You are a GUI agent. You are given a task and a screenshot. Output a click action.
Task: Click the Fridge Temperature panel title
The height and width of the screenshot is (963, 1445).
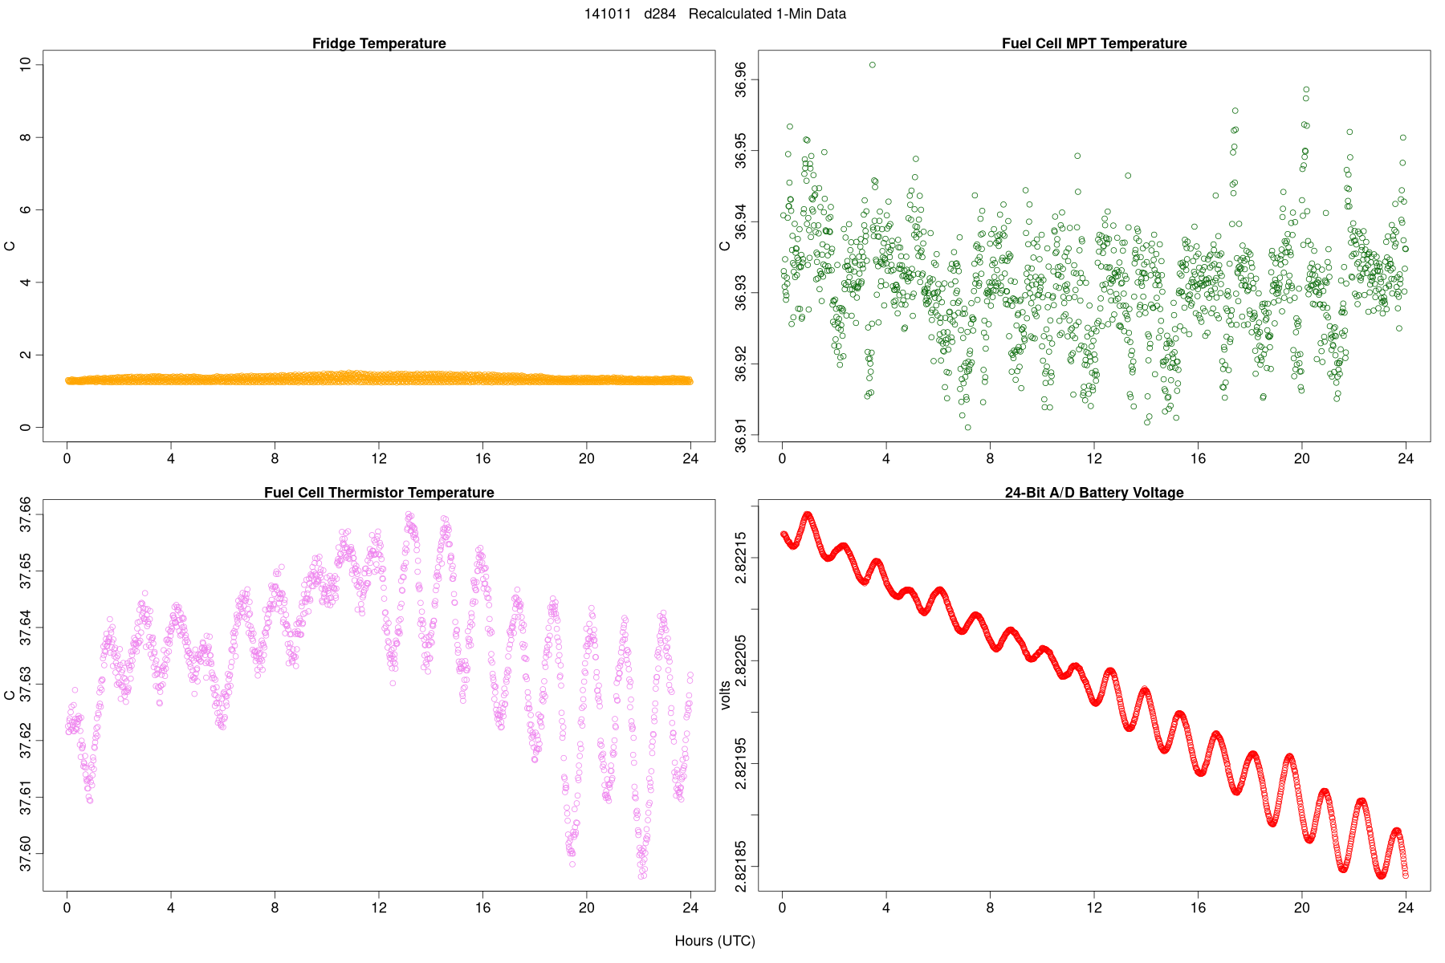click(379, 43)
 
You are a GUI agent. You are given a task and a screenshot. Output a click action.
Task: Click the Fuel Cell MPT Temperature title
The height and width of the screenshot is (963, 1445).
click(1093, 43)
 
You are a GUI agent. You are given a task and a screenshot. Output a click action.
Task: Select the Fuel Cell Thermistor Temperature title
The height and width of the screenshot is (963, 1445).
click(379, 492)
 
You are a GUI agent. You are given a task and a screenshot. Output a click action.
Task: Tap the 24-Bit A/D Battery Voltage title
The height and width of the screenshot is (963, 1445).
click(1093, 492)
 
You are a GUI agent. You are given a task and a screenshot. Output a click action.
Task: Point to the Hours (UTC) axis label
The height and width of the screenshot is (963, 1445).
click(714, 941)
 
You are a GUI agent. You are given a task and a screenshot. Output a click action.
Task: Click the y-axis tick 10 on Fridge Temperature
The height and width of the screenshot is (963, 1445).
click(26, 63)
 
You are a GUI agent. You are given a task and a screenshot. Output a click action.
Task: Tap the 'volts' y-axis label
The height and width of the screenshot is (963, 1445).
click(726, 695)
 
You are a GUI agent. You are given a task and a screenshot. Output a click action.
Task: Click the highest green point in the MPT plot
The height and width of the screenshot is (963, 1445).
click(873, 64)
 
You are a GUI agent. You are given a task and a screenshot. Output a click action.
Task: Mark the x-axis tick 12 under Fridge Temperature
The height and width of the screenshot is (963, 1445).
click(379, 459)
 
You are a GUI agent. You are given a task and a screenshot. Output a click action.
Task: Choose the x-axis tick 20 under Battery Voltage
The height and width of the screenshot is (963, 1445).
click(1301, 908)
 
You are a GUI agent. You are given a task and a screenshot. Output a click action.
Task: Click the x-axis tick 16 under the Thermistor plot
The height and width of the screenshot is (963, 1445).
click(482, 908)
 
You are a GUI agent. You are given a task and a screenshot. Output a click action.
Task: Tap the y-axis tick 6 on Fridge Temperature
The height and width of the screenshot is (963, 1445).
click(26, 209)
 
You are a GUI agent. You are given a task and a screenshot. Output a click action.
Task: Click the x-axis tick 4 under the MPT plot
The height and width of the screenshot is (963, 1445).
click(885, 459)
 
